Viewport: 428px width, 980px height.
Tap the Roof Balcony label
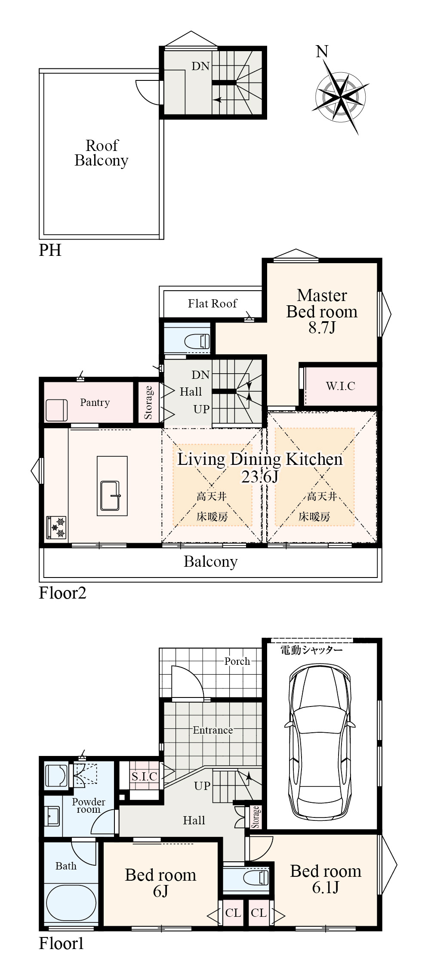102,153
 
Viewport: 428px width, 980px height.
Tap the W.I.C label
340,386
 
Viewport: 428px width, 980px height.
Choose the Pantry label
95,402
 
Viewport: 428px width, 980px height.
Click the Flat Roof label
212,304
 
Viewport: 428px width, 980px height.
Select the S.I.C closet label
145,776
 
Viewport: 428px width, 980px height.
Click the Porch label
237,661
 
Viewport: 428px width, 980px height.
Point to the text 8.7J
322,328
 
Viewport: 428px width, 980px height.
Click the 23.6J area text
260,476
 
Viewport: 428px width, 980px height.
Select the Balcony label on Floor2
211,562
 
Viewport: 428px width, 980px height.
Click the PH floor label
50,250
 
